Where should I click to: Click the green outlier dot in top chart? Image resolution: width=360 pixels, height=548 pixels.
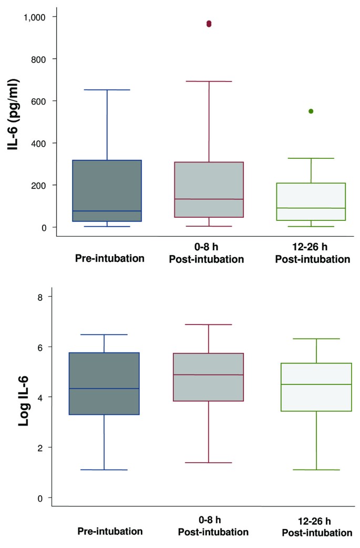(x=311, y=111)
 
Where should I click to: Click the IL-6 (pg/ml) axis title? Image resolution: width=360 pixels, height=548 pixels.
(x=13, y=115)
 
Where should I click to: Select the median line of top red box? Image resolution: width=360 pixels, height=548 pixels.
(x=209, y=199)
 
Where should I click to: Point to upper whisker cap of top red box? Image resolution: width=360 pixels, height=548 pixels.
(x=209, y=82)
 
